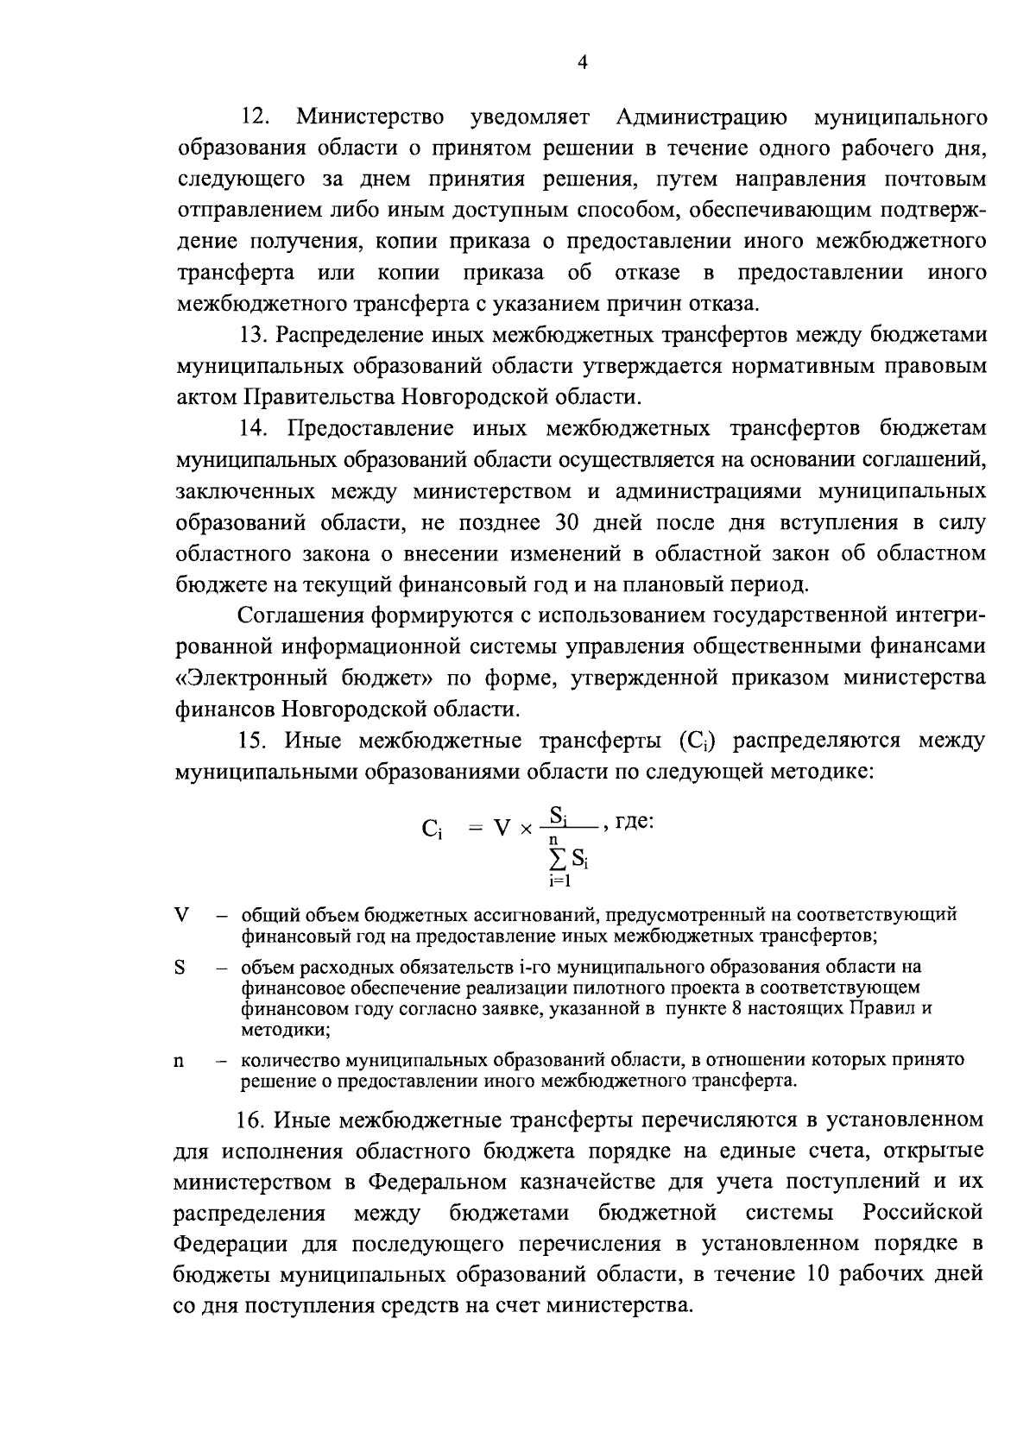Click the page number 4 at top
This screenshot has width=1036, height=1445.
point(581,62)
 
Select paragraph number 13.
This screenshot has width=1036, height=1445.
point(255,335)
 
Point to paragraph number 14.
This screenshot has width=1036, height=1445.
point(256,429)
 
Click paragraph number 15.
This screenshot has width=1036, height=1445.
point(255,741)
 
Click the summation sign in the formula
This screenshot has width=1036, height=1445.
point(558,859)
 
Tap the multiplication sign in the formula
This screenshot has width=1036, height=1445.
point(525,829)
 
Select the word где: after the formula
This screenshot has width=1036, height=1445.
point(635,821)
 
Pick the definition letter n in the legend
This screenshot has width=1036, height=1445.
point(180,1062)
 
